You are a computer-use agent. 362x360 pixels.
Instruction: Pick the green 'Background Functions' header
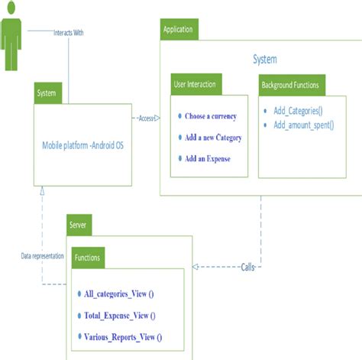pyautogui.click(x=289, y=84)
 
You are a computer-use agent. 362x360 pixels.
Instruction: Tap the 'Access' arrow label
pyautogui.click(x=147, y=118)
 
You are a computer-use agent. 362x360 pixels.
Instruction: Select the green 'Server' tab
pyautogui.click(x=80, y=226)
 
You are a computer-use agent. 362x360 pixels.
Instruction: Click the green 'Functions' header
pyautogui.click(x=89, y=258)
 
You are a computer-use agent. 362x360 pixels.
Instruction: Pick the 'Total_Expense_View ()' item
pyautogui.click(x=119, y=315)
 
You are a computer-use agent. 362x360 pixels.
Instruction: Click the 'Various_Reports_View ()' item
pyautogui.click(x=122, y=336)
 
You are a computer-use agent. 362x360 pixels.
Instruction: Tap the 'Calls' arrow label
pyautogui.click(x=248, y=267)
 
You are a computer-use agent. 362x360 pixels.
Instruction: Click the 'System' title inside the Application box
pyautogui.click(x=264, y=59)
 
